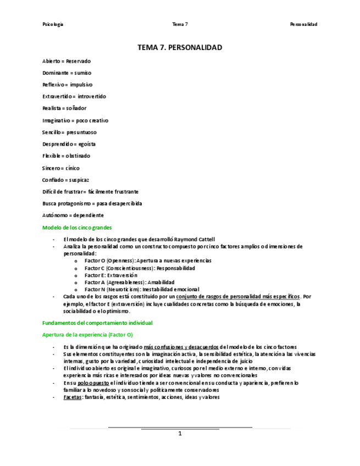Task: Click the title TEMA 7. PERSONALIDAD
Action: tap(180, 48)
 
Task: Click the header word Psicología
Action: tap(53, 24)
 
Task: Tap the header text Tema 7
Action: tap(180, 24)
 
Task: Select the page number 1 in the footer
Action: tap(180, 434)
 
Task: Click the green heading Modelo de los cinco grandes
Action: tap(77, 227)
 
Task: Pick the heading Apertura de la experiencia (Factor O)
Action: tap(87, 334)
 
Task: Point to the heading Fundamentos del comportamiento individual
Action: tap(97, 323)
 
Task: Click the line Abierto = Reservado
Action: tap(67, 61)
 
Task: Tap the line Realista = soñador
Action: tap(64, 108)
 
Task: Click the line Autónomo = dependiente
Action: tap(73, 215)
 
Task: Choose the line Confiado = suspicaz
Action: tap(66, 180)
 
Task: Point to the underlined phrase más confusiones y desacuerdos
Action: tap(180, 347)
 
